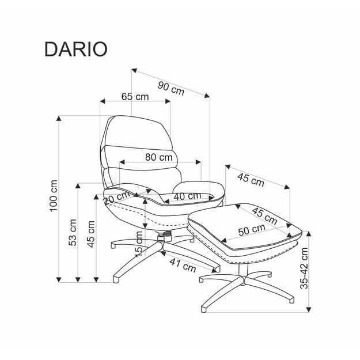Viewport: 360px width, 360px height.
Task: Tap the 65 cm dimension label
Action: click(x=135, y=97)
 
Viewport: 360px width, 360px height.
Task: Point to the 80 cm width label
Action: click(x=158, y=157)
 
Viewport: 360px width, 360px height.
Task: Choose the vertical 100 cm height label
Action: click(x=54, y=196)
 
